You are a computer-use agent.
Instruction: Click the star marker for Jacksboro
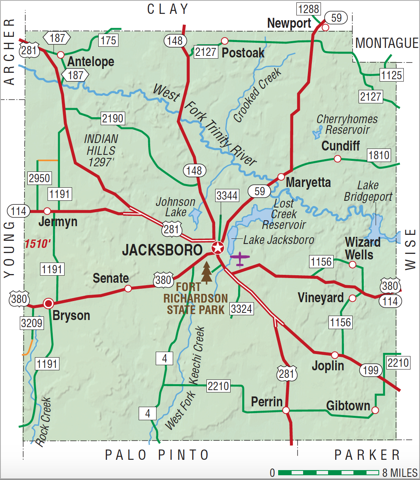click(218, 248)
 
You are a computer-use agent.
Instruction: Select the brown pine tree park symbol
click(206, 273)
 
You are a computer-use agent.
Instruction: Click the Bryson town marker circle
click(48, 304)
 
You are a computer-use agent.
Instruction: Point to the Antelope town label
click(91, 62)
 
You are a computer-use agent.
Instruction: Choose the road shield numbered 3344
click(227, 195)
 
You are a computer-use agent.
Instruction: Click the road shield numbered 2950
click(40, 178)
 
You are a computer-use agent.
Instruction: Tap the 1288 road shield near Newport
click(309, 8)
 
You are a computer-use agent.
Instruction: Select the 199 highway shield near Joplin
click(371, 370)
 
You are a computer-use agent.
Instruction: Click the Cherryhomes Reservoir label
click(347, 124)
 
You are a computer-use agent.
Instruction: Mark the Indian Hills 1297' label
click(101, 150)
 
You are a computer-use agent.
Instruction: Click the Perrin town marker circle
click(286, 410)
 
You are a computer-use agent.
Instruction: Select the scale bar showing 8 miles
click(328, 472)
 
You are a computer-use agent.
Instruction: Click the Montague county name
click(387, 43)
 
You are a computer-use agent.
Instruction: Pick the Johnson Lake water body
click(195, 217)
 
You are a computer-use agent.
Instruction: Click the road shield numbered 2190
click(113, 118)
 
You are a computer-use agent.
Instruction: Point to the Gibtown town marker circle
click(375, 410)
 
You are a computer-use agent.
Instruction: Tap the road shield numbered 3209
click(32, 323)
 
